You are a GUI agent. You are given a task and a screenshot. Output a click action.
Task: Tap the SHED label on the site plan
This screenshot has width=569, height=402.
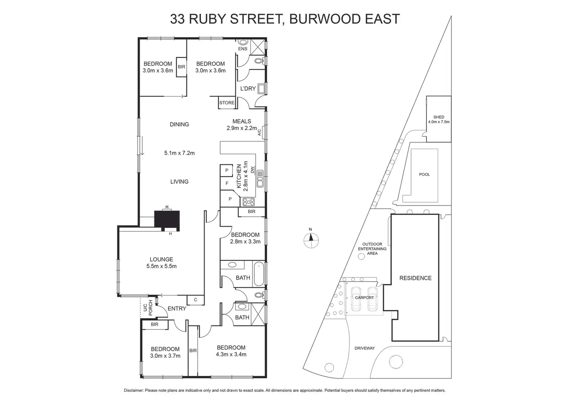click(x=439, y=117)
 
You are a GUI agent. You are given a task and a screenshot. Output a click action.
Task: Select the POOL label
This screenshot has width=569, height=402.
click(x=424, y=175)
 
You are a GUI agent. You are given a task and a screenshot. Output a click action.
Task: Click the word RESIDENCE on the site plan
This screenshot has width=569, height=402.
click(x=416, y=278)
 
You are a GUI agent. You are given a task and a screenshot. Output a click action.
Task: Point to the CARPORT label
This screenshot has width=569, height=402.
click(x=365, y=298)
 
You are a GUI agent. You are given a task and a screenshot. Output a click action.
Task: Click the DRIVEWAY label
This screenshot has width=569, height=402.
click(x=365, y=348)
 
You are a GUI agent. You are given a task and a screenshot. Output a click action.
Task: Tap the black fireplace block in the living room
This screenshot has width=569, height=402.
click(x=167, y=220)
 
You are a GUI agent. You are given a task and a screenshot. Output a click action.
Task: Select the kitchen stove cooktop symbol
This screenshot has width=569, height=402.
click(x=248, y=202)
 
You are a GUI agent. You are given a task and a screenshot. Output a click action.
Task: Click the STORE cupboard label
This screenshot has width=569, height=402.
click(x=227, y=103)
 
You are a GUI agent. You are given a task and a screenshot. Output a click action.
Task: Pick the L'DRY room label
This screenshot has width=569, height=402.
click(x=248, y=88)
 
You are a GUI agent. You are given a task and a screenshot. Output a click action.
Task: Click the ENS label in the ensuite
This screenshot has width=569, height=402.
click(x=243, y=49)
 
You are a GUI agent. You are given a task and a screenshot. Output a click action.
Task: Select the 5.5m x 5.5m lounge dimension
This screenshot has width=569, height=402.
click(x=162, y=266)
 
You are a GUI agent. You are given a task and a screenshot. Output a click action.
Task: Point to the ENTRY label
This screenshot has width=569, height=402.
click(x=177, y=309)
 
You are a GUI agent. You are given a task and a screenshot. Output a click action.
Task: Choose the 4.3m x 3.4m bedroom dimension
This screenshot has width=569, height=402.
click(x=231, y=354)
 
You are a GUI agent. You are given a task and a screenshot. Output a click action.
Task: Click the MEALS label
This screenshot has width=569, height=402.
click(x=242, y=121)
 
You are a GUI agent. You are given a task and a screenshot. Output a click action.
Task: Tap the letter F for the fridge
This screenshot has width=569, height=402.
click(x=227, y=183)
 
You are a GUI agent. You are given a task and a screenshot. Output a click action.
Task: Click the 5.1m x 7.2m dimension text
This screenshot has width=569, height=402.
click(x=179, y=153)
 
